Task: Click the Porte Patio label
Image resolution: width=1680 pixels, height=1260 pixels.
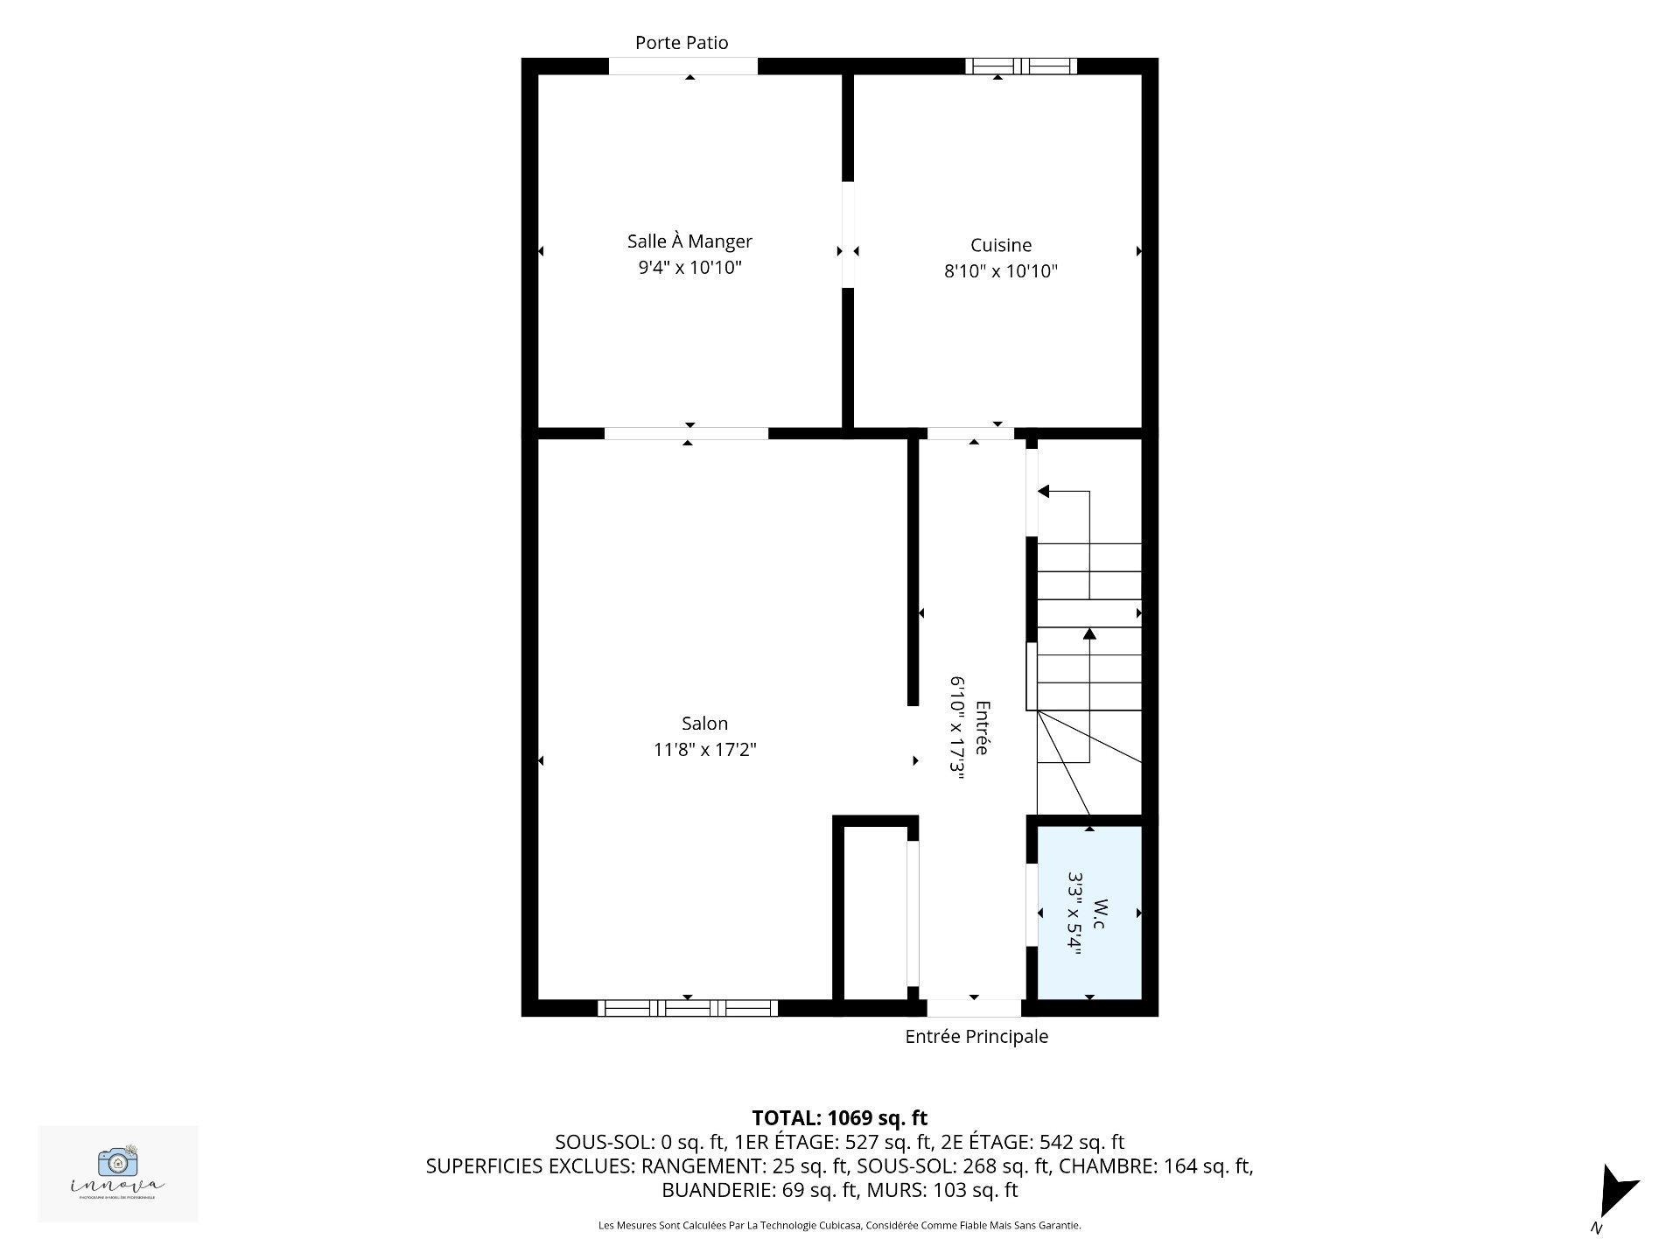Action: point(681,42)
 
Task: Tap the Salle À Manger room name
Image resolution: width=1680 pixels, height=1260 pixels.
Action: point(689,241)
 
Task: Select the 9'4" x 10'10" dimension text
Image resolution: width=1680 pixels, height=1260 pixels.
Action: point(689,268)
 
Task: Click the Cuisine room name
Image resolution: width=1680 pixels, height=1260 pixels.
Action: point(1000,245)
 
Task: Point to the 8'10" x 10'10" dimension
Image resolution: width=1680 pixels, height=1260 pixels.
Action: point(1000,271)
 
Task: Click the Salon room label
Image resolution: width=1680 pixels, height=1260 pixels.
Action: point(704,724)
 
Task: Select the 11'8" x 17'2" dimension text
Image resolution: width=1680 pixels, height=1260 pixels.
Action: point(704,750)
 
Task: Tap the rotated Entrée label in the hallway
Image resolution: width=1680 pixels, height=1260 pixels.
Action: point(982,728)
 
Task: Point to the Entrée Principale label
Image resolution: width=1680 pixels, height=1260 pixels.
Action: point(976,1037)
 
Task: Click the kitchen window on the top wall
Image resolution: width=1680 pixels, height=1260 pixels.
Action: point(1021,66)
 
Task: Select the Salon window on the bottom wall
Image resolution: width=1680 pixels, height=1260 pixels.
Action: point(688,1008)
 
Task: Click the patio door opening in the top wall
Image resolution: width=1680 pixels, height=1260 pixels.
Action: point(682,66)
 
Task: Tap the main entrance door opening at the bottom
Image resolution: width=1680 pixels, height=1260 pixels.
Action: point(974,1008)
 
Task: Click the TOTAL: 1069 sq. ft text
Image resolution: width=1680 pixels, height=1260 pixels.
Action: point(839,1117)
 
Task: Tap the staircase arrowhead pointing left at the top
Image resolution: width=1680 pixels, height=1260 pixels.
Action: point(1043,492)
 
